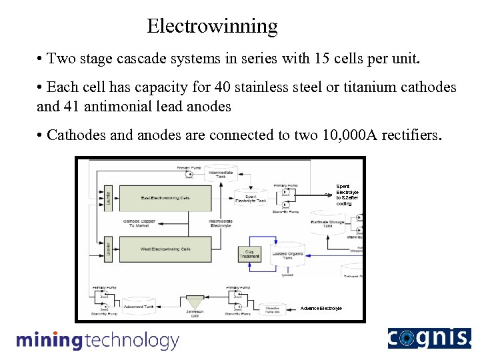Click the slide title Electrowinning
(x=212, y=26)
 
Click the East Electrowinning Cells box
(x=165, y=198)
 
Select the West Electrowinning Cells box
(x=165, y=249)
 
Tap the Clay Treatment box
(x=249, y=253)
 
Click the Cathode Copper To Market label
(x=139, y=223)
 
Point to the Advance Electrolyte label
(x=321, y=309)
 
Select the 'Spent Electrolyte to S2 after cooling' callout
(x=347, y=195)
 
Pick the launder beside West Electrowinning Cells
(x=108, y=249)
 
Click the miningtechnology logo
(x=98, y=341)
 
